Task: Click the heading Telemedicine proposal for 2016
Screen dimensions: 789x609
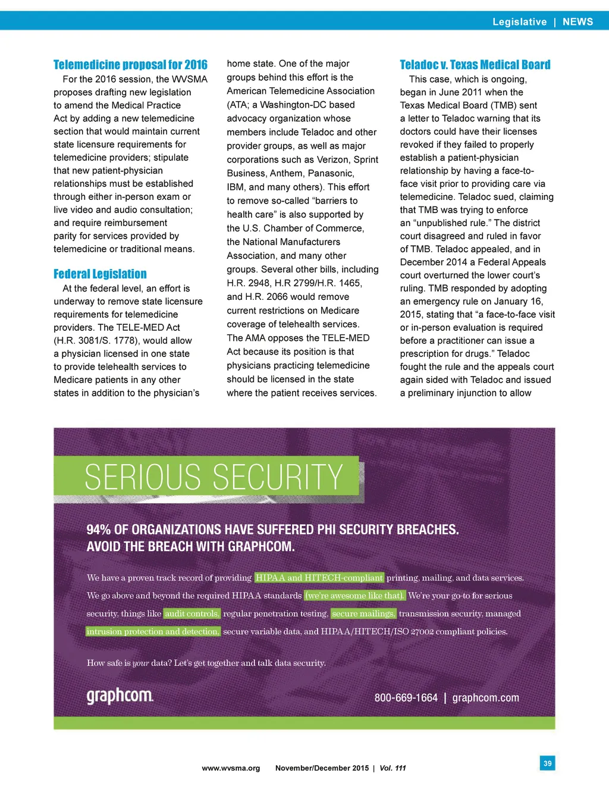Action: click(130, 65)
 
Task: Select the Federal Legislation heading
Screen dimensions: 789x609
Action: click(100, 274)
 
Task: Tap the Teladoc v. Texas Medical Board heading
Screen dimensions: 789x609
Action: click(475, 65)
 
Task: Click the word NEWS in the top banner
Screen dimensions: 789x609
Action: click(577, 22)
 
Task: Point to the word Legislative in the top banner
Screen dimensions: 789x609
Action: click(519, 22)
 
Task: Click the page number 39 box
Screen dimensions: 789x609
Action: click(547, 763)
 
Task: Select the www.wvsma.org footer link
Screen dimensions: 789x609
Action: click(231, 768)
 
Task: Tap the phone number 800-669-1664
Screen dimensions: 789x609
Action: click(406, 698)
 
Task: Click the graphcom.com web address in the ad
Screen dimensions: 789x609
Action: click(485, 698)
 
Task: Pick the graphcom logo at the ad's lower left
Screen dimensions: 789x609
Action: click(120, 696)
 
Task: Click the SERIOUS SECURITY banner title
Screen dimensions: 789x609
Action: click(214, 477)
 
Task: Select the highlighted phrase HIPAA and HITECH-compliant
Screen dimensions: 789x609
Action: click(319, 578)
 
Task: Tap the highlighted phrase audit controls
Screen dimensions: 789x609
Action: click(192, 613)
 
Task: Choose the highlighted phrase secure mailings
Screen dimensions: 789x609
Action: click(363, 613)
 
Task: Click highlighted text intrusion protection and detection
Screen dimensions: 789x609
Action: click(153, 631)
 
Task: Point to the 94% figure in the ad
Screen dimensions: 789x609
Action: click(98, 530)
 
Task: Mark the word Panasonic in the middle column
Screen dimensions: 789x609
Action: click(331, 173)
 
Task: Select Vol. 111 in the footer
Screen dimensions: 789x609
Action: click(393, 768)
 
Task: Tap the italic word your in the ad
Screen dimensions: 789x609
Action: click(140, 663)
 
